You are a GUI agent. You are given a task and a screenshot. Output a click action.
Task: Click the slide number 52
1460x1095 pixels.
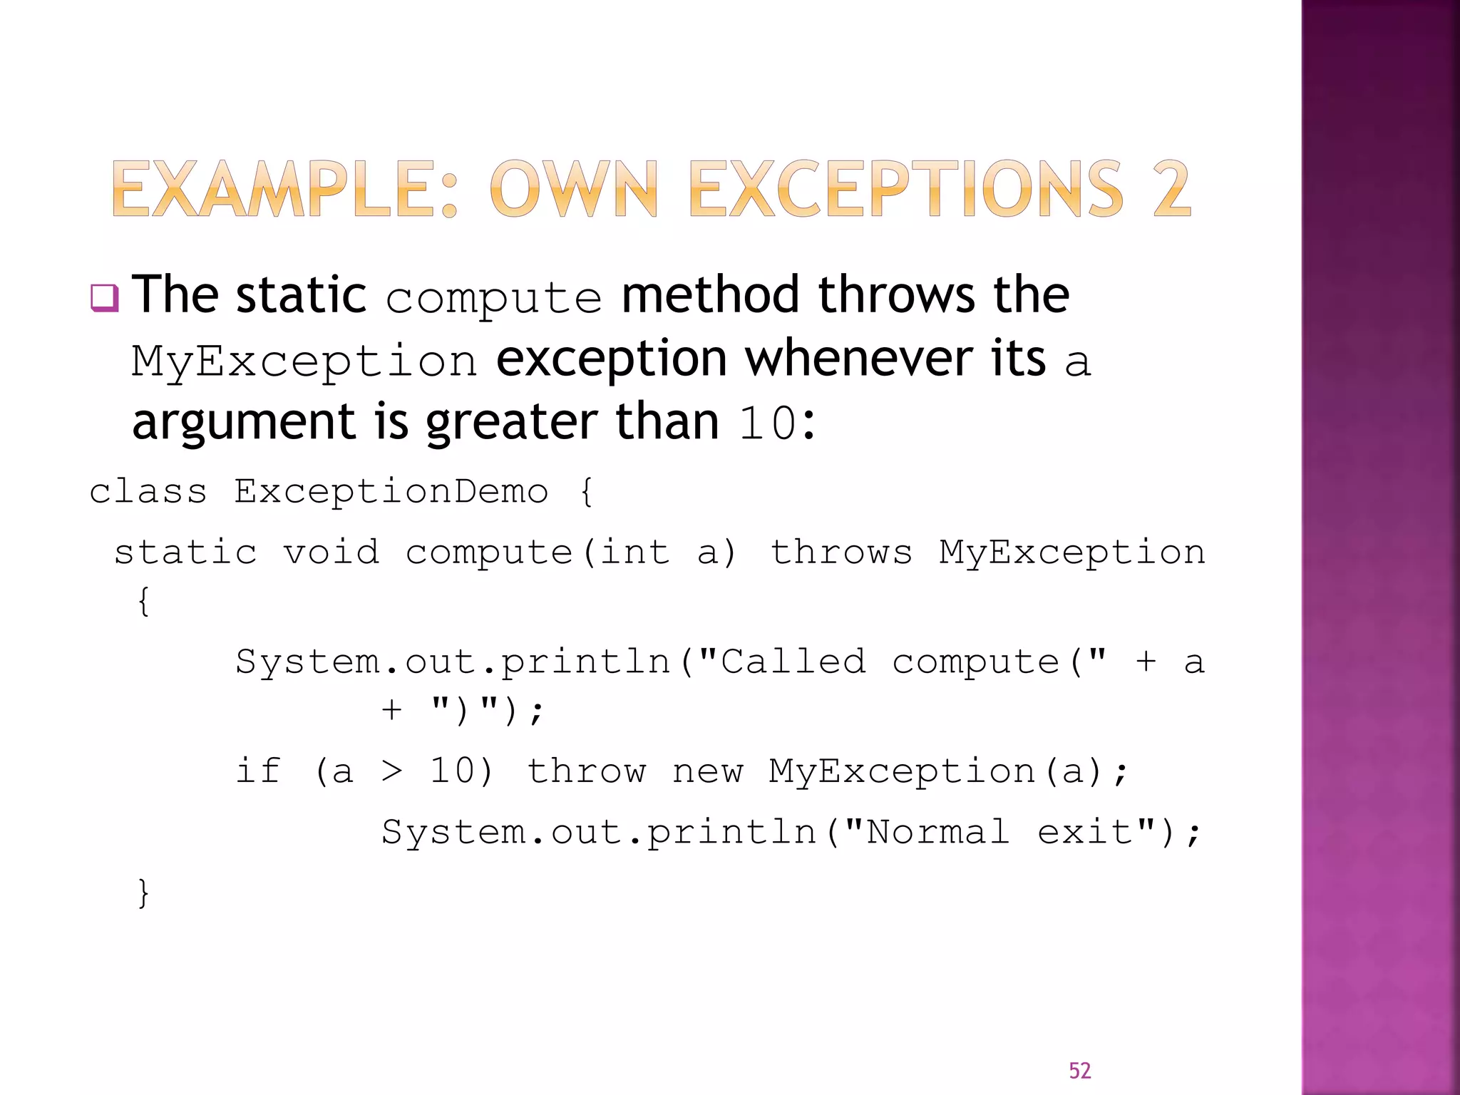(x=1079, y=1070)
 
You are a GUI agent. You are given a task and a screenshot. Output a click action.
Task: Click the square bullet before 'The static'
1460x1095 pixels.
(x=104, y=298)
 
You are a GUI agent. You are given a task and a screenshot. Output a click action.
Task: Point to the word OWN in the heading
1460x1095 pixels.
(x=573, y=189)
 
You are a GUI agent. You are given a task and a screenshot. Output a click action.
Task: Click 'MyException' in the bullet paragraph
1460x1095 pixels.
(x=304, y=361)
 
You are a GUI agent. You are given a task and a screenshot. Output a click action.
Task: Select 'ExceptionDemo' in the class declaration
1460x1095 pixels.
(x=391, y=491)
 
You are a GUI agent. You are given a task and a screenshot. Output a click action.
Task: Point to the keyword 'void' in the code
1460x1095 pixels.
(x=331, y=552)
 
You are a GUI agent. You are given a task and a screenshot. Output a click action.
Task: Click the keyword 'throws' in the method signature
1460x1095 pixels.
(x=841, y=552)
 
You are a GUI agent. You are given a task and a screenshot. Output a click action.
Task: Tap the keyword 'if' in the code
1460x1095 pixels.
(x=258, y=771)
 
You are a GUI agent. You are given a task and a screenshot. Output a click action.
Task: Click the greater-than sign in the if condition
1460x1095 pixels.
(x=391, y=771)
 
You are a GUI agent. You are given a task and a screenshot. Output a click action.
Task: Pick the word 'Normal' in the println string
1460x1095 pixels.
(x=937, y=832)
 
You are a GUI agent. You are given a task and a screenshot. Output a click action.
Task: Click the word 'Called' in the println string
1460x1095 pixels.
(x=793, y=662)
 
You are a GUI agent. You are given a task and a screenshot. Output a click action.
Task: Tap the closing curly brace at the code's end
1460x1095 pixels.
(x=143, y=893)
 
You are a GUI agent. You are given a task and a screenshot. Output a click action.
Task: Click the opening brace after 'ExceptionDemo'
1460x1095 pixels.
(x=586, y=492)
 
